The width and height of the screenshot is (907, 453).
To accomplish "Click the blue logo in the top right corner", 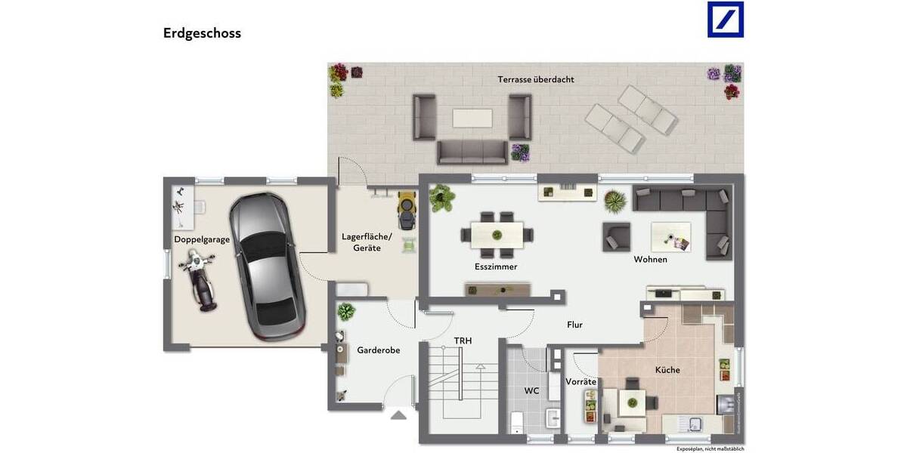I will click(x=725, y=20).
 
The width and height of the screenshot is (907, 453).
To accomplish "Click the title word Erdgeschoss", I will click(x=202, y=33).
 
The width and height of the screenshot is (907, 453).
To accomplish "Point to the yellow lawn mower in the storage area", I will click(x=407, y=209).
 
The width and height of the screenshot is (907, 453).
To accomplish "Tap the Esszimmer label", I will click(x=496, y=267).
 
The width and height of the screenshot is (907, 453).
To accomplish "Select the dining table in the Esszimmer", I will click(x=497, y=234).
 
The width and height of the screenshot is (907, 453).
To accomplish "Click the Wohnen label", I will click(x=650, y=260).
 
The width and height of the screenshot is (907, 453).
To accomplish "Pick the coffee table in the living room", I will click(x=670, y=237).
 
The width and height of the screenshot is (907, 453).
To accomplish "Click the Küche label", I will click(x=667, y=370).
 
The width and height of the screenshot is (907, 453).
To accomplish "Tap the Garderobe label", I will click(x=378, y=350).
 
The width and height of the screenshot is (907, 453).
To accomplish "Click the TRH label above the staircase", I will click(x=463, y=341).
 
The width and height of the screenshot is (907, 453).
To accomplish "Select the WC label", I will click(x=532, y=391).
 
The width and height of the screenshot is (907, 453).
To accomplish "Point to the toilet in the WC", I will click(x=518, y=422).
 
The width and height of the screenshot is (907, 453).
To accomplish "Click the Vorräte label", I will click(x=580, y=382).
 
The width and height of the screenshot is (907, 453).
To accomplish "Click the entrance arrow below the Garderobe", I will click(x=398, y=414).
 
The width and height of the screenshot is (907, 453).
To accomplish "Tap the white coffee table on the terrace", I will click(x=472, y=119).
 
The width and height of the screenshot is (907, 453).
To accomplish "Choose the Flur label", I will click(x=575, y=325).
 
